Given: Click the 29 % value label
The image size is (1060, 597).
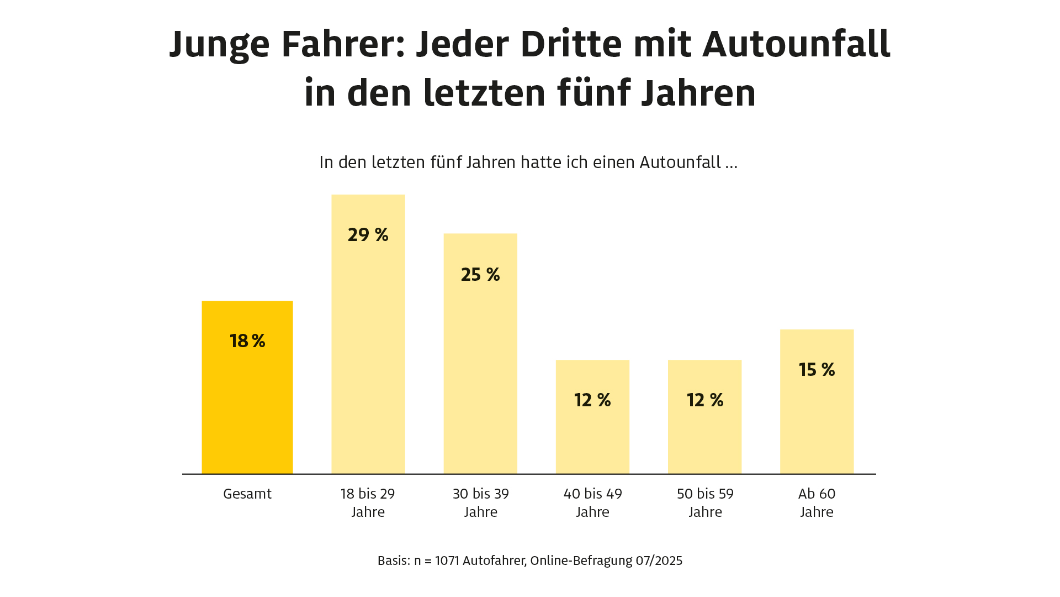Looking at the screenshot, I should (368, 235).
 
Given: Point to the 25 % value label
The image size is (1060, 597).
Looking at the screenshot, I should (480, 275).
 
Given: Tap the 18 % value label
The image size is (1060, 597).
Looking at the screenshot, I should (247, 341).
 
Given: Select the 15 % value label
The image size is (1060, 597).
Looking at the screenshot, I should (817, 370).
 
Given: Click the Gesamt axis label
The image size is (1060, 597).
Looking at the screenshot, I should (247, 494).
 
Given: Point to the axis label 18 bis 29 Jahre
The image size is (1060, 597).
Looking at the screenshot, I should (368, 502).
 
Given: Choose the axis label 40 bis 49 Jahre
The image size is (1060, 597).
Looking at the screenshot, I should (592, 502).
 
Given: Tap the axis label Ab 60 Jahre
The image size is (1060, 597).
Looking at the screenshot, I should (817, 502).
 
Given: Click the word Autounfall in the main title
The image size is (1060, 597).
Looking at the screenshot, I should (796, 44).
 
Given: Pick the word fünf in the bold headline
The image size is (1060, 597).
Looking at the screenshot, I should (593, 93).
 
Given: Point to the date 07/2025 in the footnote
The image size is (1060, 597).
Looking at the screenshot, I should (659, 561).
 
